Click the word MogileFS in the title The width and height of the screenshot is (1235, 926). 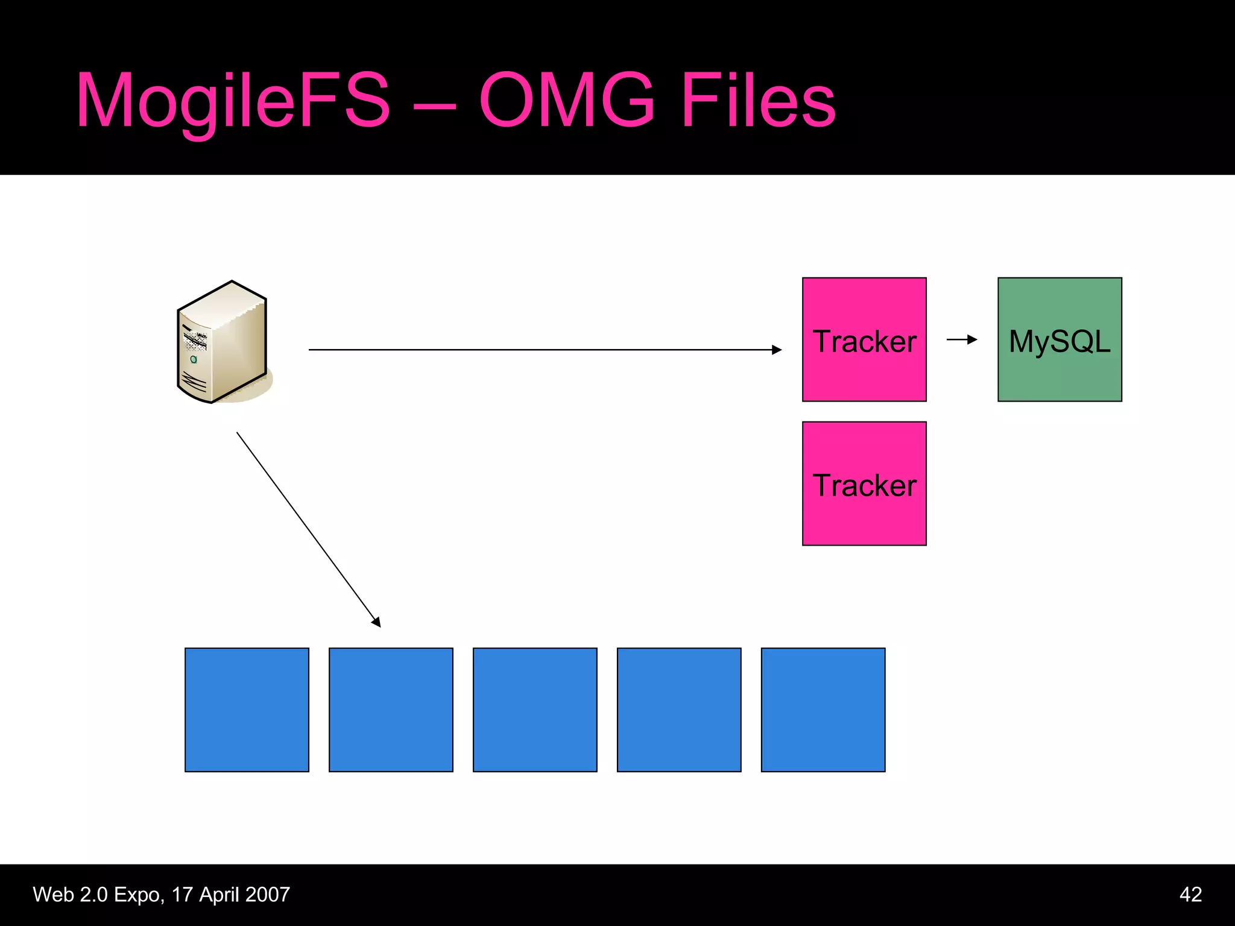tap(234, 101)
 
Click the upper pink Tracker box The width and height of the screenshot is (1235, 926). tap(864, 339)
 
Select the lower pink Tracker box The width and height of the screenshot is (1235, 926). tap(864, 483)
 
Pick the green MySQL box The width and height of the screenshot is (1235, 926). tap(1060, 339)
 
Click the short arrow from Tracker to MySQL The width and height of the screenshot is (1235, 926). tap(961, 339)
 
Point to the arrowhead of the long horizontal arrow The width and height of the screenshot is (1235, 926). tap(777, 350)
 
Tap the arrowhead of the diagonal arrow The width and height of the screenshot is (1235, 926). tap(376, 622)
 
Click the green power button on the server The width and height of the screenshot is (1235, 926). tap(194, 359)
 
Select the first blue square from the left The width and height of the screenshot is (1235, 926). tap(247, 710)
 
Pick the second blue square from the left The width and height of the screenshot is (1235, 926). tap(391, 710)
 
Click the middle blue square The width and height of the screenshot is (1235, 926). tap(535, 710)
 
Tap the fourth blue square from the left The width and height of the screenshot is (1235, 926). tap(679, 710)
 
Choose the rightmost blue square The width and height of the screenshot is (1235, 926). tap(823, 710)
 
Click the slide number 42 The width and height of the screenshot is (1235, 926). tap(1190, 894)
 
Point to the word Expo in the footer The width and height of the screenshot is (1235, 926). tap(139, 895)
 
